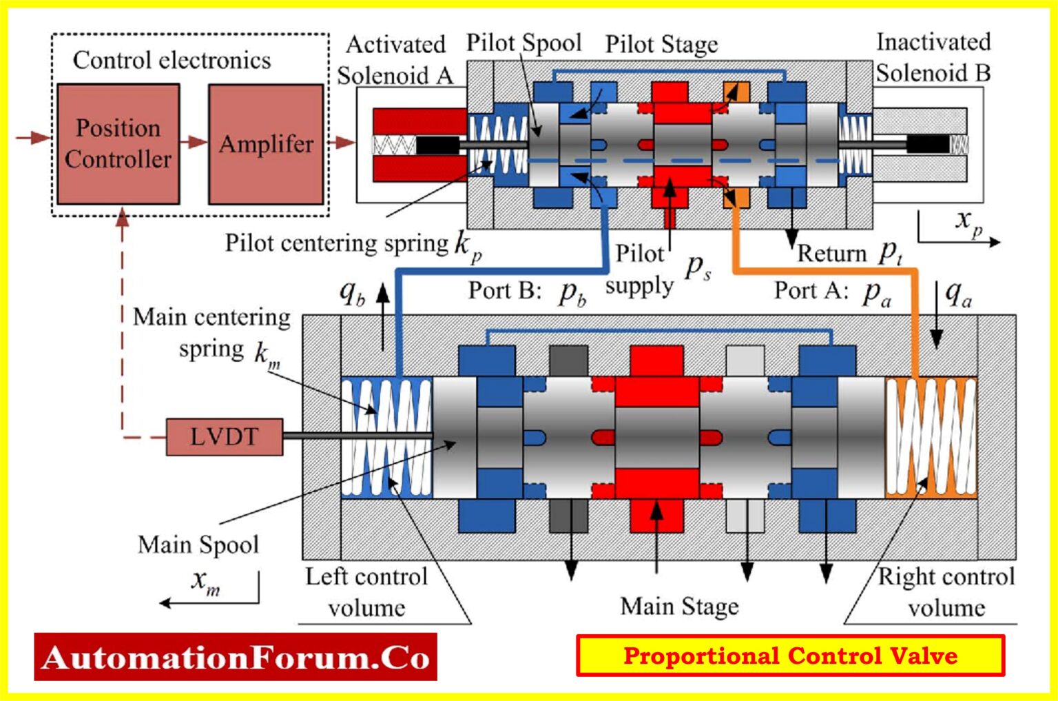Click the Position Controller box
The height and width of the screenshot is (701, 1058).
[x=118, y=143]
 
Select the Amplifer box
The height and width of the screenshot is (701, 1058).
[x=266, y=143]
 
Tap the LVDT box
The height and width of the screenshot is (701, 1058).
[x=225, y=436]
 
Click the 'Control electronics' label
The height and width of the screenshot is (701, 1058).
[x=172, y=60]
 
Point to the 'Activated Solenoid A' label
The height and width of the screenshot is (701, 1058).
[x=395, y=59]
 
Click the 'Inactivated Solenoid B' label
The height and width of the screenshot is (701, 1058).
[x=933, y=57]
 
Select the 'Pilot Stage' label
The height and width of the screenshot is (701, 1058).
[x=661, y=45]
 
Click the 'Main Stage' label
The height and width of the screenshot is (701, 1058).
[x=679, y=606]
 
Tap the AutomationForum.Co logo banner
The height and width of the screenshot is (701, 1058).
[x=236, y=657]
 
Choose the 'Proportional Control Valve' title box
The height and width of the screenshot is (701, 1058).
[x=790, y=655]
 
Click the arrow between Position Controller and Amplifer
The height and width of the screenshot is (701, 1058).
[x=194, y=142]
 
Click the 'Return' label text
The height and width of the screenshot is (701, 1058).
[x=831, y=254]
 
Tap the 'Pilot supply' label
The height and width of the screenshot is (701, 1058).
[x=639, y=270]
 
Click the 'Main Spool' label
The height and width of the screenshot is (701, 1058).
[x=198, y=545]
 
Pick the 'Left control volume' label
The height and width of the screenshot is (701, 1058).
[x=366, y=591]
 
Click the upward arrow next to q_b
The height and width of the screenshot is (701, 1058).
[x=383, y=314]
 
